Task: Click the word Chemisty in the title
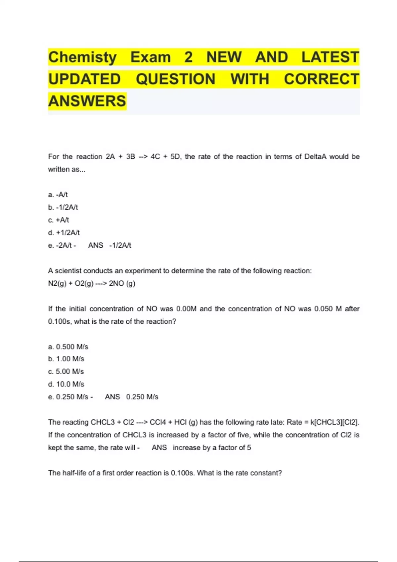tap(82, 57)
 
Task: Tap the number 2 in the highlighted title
tap(188, 57)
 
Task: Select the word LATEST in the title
tap(330, 57)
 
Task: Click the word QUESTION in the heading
tap(175, 79)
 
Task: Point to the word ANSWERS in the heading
tap(87, 101)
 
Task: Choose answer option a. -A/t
tap(58, 195)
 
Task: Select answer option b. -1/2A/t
tap(63, 207)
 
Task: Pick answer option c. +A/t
tap(59, 220)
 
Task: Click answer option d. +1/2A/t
tap(64, 233)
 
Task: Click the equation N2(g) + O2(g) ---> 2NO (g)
tap(92, 284)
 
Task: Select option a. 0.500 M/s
tap(68, 347)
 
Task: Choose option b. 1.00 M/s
tap(66, 359)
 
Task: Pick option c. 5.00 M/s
tap(66, 372)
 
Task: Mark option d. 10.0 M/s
tap(66, 384)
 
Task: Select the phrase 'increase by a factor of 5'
tap(212, 448)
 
